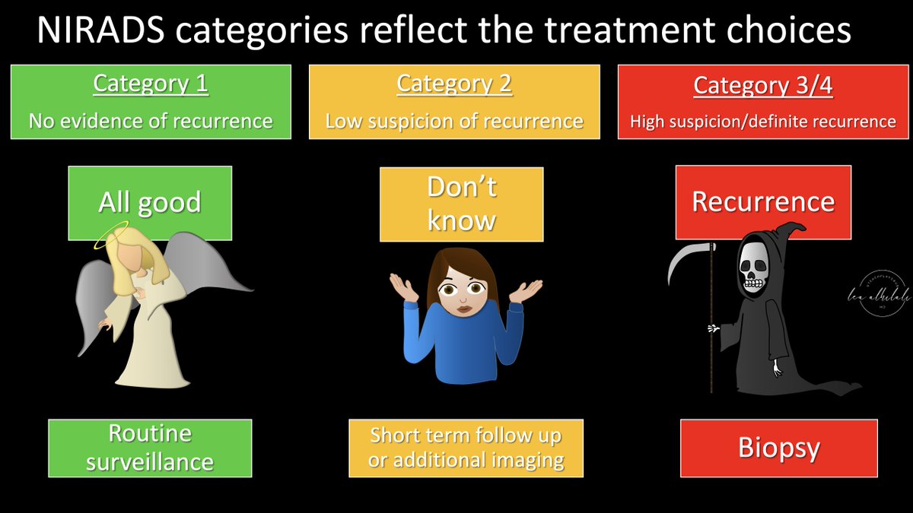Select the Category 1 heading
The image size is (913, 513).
(151, 84)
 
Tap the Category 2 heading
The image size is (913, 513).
(454, 84)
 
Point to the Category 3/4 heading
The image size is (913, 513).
(762, 86)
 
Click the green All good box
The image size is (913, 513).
(149, 202)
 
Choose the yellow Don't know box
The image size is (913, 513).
(461, 204)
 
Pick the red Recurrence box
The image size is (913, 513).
(762, 201)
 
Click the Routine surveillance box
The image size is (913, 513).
(150, 448)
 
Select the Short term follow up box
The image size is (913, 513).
(466, 448)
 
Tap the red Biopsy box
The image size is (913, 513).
(778, 448)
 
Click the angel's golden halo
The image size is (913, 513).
(111, 241)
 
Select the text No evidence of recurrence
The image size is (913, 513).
(151, 121)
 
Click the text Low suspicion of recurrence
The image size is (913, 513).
(454, 122)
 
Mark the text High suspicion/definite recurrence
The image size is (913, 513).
(762, 122)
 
